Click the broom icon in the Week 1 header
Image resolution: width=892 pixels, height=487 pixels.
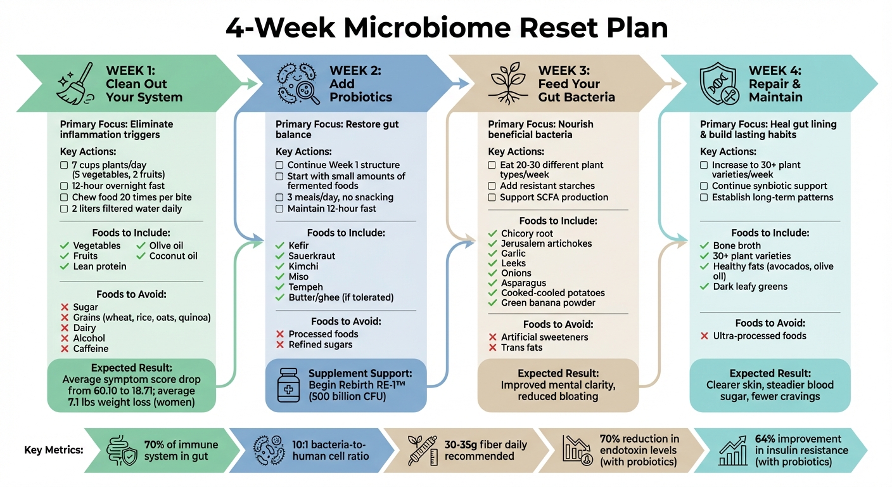[x=75, y=83]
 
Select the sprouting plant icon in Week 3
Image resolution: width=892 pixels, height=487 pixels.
[x=509, y=83]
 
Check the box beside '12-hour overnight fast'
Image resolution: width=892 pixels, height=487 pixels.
[x=64, y=186]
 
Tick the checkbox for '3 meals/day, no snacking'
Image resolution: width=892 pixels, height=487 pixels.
[x=279, y=197]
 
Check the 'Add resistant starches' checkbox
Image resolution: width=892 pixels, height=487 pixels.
[x=492, y=186]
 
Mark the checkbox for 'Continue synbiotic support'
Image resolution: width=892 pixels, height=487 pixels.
[x=704, y=186]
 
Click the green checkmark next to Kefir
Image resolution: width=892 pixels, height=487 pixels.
[x=280, y=245]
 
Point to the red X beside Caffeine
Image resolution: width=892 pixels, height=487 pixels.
[x=64, y=349]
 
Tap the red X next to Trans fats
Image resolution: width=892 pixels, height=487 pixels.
[x=492, y=347]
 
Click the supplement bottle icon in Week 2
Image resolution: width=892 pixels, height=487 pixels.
[x=288, y=384]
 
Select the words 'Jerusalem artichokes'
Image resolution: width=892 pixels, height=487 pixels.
[x=546, y=243]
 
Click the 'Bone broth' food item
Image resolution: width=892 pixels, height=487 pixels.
[x=737, y=245]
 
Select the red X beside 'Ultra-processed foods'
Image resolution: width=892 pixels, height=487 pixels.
[x=704, y=336]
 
